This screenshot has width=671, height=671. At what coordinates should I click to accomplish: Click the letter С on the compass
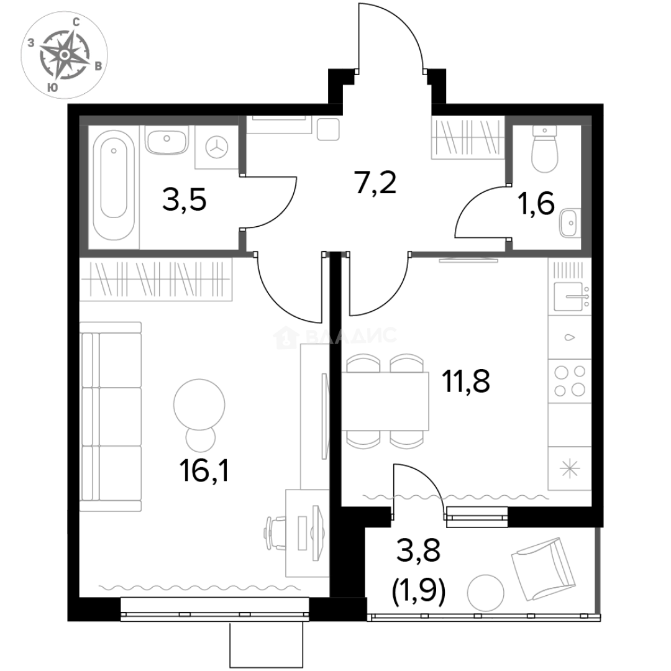tap(76, 22)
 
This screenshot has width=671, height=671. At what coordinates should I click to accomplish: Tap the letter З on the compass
tap(31, 43)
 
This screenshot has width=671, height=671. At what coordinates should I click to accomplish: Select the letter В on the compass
tap(98, 66)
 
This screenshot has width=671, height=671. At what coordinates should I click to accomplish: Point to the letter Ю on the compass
tap(53, 88)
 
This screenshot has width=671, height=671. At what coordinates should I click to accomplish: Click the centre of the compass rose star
tap(65, 55)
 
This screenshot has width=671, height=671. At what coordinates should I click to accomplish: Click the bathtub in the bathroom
tap(112, 186)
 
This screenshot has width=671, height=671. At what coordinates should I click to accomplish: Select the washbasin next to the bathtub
tap(167, 143)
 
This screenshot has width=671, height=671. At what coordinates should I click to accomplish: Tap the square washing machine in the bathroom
tap(215, 147)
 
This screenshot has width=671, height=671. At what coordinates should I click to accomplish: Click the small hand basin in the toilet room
tap(568, 221)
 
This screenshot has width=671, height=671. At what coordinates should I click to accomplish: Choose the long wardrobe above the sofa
tap(156, 280)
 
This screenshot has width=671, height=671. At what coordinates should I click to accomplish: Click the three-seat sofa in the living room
tap(112, 417)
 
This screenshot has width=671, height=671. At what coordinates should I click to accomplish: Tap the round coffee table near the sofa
tap(198, 403)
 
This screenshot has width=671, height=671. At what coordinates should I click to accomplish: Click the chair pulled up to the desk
tap(275, 532)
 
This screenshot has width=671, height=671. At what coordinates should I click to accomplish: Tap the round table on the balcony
tap(485, 592)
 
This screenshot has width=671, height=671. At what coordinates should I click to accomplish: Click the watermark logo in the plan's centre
tap(334, 336)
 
